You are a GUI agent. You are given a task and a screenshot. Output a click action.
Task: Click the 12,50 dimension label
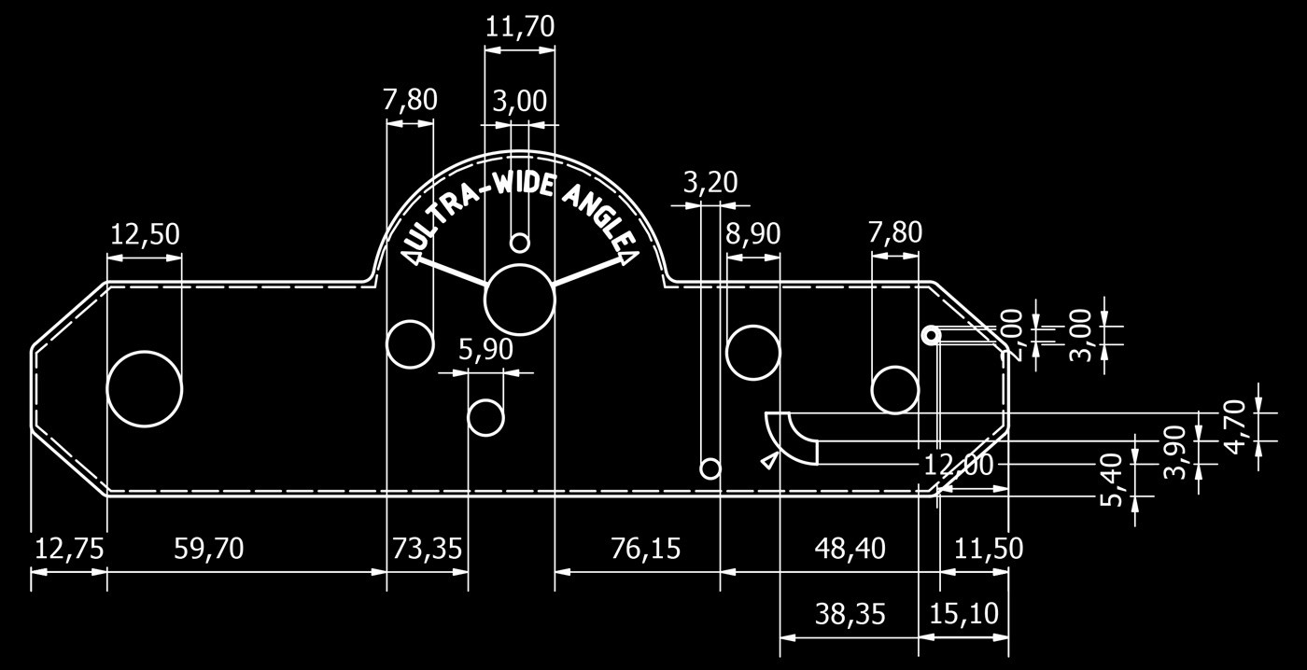[145, 234]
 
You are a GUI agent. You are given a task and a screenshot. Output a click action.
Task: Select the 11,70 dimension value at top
[520, 27]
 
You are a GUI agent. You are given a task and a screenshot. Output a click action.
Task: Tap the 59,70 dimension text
[209, 549]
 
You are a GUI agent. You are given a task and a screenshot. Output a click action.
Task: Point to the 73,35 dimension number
[427, 549]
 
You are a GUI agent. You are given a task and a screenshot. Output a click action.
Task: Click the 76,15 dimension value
[645, 549]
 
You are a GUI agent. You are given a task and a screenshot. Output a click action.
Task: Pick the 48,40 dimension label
[850, 549]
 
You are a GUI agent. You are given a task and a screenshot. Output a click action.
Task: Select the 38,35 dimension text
[850, 614]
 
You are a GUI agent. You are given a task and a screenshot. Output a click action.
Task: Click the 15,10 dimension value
[963, 614]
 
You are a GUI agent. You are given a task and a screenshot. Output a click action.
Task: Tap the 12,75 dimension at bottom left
[69, 549]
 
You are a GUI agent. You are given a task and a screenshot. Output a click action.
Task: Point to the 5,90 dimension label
[485, 350]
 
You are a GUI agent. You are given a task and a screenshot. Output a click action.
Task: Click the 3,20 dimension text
[710, 183]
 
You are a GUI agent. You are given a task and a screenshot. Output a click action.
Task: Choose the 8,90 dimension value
[752, 234]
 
